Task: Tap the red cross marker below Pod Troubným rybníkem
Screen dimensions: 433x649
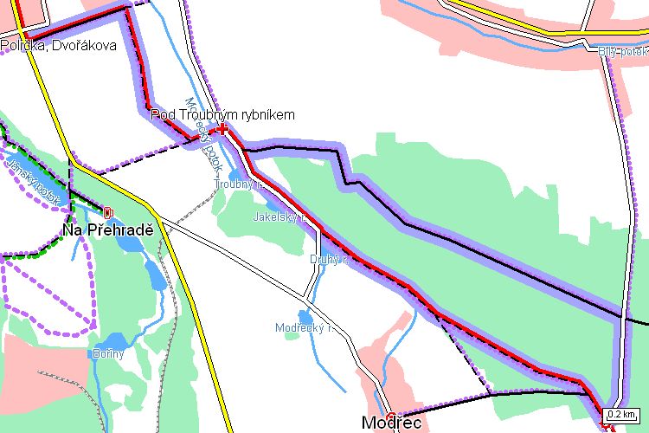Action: coord(222,129)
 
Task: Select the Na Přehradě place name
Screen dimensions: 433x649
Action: coord(107,230)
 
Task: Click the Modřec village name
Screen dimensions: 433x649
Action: coord(391,423)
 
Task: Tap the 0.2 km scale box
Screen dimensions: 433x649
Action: coord(621,414)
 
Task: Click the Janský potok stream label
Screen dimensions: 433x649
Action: coord(32,180)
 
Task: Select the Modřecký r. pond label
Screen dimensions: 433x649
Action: coord(305,328)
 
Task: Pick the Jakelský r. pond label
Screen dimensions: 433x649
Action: coord(280,217)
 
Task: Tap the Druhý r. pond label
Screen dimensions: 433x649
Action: coord(328,259)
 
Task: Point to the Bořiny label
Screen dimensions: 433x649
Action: coord(108,353)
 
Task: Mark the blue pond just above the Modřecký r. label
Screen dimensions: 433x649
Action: coord(305,316)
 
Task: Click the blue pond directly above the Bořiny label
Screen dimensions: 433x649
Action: coord(108,339)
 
